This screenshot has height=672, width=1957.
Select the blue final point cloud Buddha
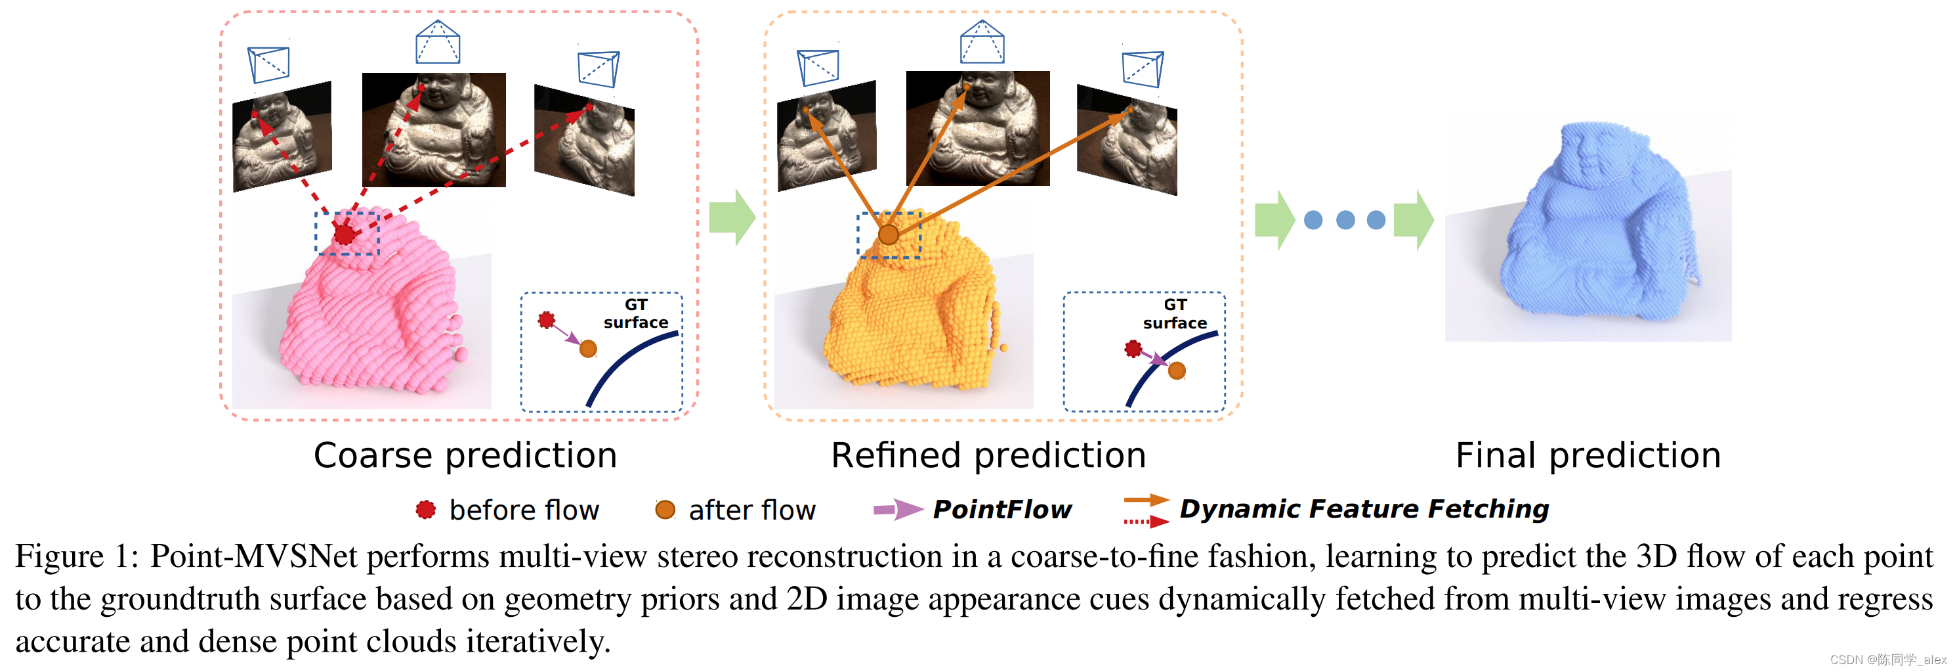pyautogui.click(x=1595, y=228)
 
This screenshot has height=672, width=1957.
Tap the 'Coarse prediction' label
pyautogui.click(x=465, y=456)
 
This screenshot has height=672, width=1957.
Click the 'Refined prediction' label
pyautogui.click(x=988, y=456)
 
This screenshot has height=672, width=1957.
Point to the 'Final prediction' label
pyautogui.click(x=1588, y=456)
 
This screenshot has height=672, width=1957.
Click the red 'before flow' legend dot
pyautogui.click(x=425, y=509)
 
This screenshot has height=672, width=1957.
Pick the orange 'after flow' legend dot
pyautogui.click(x=665, y=509)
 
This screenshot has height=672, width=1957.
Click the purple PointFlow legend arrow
pyautogui.click(x=897, y=509)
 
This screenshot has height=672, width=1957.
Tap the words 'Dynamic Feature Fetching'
pyautogui.click(x=1364, y=508)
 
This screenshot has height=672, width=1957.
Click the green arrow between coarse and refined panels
pyautogui.click(x=732, y=217)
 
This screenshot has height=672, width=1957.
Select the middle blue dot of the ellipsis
pyautogui.click(x=1345, y=221)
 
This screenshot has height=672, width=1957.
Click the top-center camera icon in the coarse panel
pyautogui.click(x=438, y=43)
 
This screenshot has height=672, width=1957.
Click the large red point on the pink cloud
pyautogui.click(x=345, y=234)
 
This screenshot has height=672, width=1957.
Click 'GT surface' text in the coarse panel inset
pyautogui.click(x=636, y=313)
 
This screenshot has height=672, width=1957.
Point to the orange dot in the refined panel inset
pyautogui.click(x=1176, y=370)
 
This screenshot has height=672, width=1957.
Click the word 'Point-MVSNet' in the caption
pyautogui.click(x=253, y=556)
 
